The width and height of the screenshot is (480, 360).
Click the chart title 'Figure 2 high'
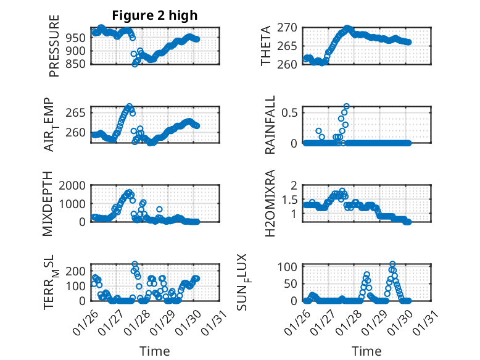(x=154, y=15)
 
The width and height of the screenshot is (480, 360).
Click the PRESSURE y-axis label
(x=54, y=46)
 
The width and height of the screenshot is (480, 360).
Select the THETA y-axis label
(x=267, y=46)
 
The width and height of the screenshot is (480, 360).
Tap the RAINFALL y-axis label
(x=270, y=125)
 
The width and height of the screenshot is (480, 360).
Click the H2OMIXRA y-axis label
(x=270, y=204)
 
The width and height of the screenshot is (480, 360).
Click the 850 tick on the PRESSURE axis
(x=79, y=63)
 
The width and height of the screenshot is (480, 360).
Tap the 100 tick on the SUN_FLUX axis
(x=291, y=267)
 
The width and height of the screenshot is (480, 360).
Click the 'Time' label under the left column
(x=154, y=351)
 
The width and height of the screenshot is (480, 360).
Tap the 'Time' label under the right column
(x=366, y=351)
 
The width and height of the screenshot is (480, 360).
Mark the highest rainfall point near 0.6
(x=346, y=106)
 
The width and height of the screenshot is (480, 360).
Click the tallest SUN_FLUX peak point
(x=392, y=264)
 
